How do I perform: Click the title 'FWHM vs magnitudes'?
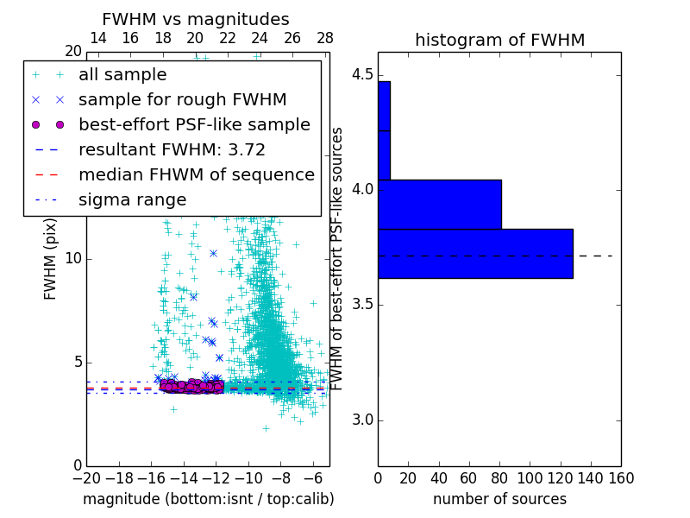[196, 19]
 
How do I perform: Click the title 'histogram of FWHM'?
[499, 40]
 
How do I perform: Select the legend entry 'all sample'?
[122, 75]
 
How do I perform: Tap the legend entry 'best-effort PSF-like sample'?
[194, 124]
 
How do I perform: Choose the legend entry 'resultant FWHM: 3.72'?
[172, 149]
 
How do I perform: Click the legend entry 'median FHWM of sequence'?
[196, 174]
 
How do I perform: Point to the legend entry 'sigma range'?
[132, 199]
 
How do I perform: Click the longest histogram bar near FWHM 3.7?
[475, 253]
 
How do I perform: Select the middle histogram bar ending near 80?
[439, 204]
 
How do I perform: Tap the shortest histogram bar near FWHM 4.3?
[384, 130]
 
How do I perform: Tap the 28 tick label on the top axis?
[325, 38]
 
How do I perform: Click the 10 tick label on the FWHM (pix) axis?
[72, 259]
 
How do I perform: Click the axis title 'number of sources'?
[499, 499]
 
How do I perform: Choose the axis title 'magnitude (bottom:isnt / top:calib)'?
[208, 499]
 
